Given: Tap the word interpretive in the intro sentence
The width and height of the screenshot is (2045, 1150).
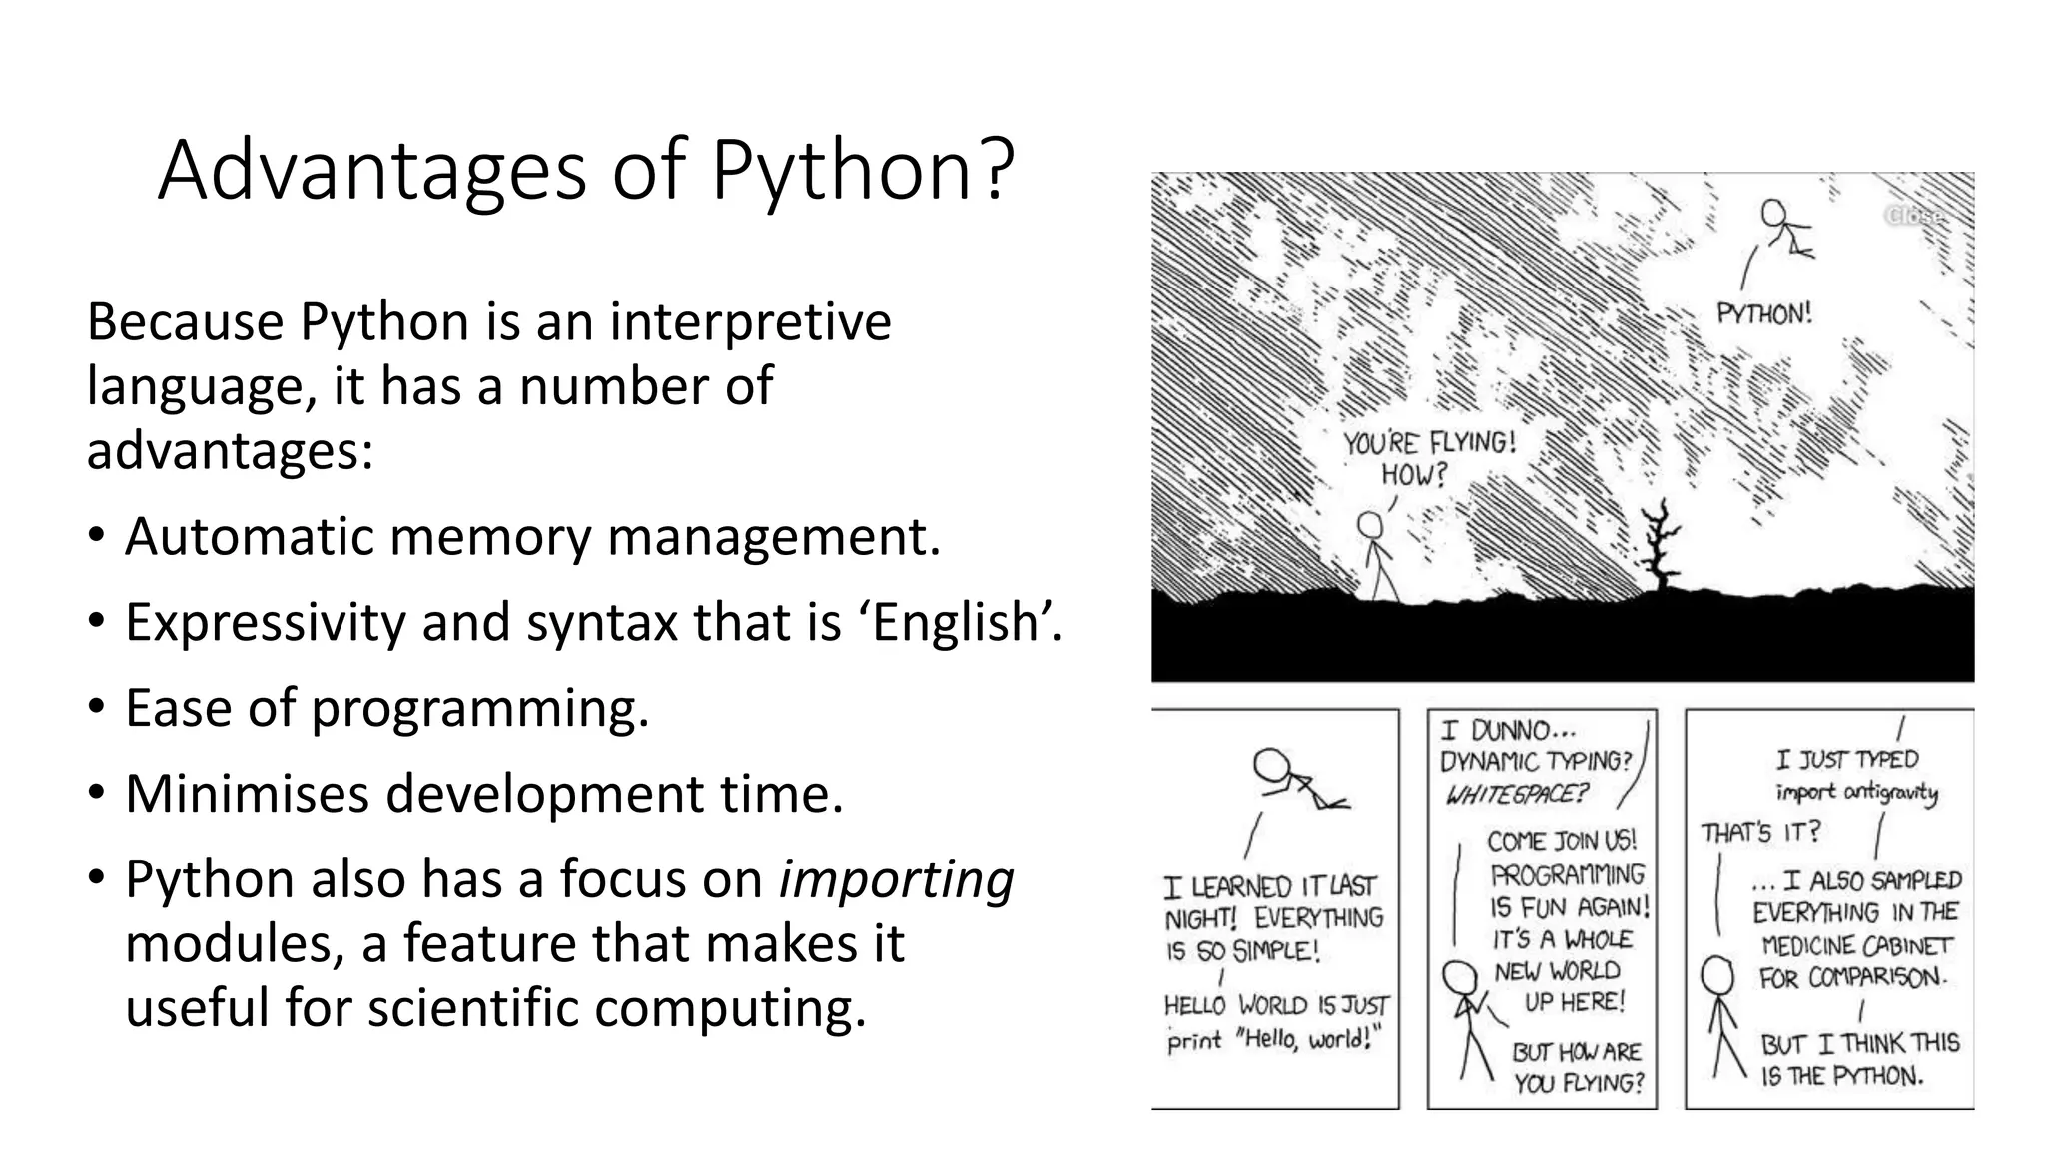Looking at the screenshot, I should tap(750, 322).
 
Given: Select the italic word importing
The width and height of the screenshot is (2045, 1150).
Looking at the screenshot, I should tap(896, 879).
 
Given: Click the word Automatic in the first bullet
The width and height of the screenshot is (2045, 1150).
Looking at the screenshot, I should tap(249, 537).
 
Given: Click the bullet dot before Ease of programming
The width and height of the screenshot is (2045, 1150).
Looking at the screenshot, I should tap(96, 708).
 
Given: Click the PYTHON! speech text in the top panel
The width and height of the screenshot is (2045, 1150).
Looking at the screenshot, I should tap(1763, 314).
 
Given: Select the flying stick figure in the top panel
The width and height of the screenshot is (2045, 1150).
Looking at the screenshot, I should tap(1784, 227).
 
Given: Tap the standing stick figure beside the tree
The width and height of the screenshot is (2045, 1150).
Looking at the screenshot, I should tap(1376, 555).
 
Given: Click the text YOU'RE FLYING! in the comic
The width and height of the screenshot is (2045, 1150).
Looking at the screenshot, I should tap(1429, 442).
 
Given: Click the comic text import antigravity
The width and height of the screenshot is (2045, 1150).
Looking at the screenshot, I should tap(1856, 792).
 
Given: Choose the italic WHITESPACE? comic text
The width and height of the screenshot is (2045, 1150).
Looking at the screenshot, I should tap(1516, 795).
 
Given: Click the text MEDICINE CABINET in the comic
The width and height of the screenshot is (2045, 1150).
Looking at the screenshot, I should tap(1856, 945).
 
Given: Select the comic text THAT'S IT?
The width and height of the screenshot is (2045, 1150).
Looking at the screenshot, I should tap(1760, 832).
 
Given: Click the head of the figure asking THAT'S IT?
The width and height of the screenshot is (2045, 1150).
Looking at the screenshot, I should tap(1718, 975).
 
